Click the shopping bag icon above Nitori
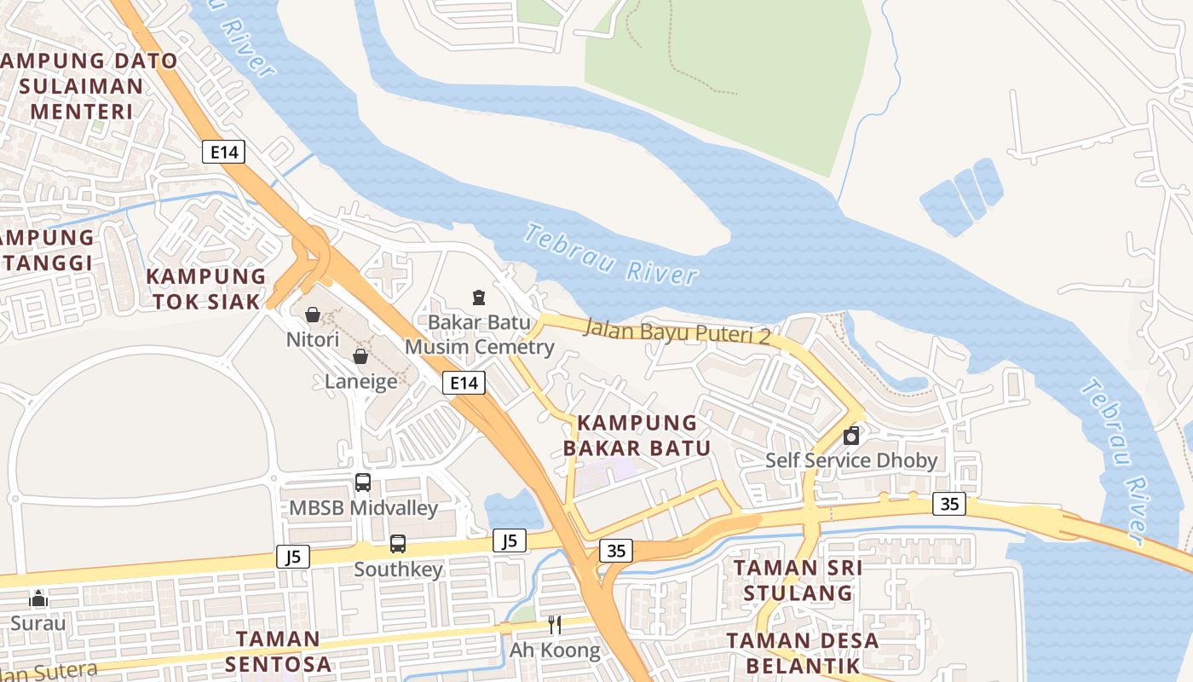[x=313, y=315]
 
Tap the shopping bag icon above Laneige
[x=360, y=356]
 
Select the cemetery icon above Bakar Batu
[x=479, y=298]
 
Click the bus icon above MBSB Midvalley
[x=363, y=483]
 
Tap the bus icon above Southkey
[x=398, y=544]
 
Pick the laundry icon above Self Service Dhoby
[x=850, y=436]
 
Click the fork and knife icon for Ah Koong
[x=555, y=625]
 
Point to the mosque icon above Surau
[x=38, y=598]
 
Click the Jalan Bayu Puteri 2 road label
[x=677, y=332]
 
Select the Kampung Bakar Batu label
[x=637, y=436]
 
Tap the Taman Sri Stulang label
[x=798, y=581]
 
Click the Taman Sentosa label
[x=278, y=650]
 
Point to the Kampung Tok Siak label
[x=205, y=289]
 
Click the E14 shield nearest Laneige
[x=464, y=383]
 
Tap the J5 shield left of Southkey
[x=292, y=558]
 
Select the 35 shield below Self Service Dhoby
[x=949, y=504]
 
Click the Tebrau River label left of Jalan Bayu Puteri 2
[x=611, y=254]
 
